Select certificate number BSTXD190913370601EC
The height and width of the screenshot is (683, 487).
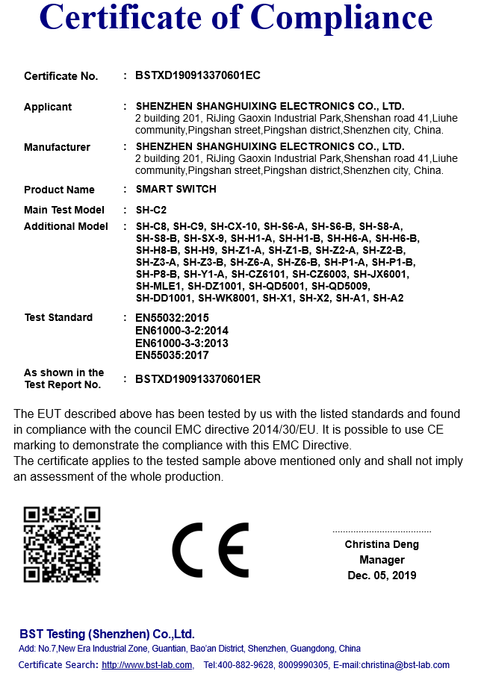(198, 75)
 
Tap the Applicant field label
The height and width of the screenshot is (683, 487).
(48, 107)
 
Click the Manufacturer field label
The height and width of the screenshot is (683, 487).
(57, 147)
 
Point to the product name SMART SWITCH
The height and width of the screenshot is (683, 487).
(176, 189)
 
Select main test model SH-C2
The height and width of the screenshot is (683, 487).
(152, 210)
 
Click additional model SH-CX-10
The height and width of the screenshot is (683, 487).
(235, 226)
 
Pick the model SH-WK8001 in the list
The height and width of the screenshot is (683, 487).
(227, 298)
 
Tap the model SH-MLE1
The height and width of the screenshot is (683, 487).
(159, 286)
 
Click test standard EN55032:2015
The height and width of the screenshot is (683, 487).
(172, 318)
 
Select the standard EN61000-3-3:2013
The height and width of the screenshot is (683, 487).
(182, 343)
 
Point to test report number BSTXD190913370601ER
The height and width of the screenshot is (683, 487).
(198, 378)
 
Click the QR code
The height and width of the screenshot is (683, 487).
(62, 544)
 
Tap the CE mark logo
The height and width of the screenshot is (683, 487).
(211, 551)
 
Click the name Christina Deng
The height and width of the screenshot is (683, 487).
(382, 544)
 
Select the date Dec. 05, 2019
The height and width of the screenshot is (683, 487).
(382, 576)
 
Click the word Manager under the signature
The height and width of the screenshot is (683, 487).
(382, 560)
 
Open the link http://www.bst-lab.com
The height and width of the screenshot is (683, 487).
(147, 665)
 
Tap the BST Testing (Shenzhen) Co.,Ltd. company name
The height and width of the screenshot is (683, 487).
(107, 634)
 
